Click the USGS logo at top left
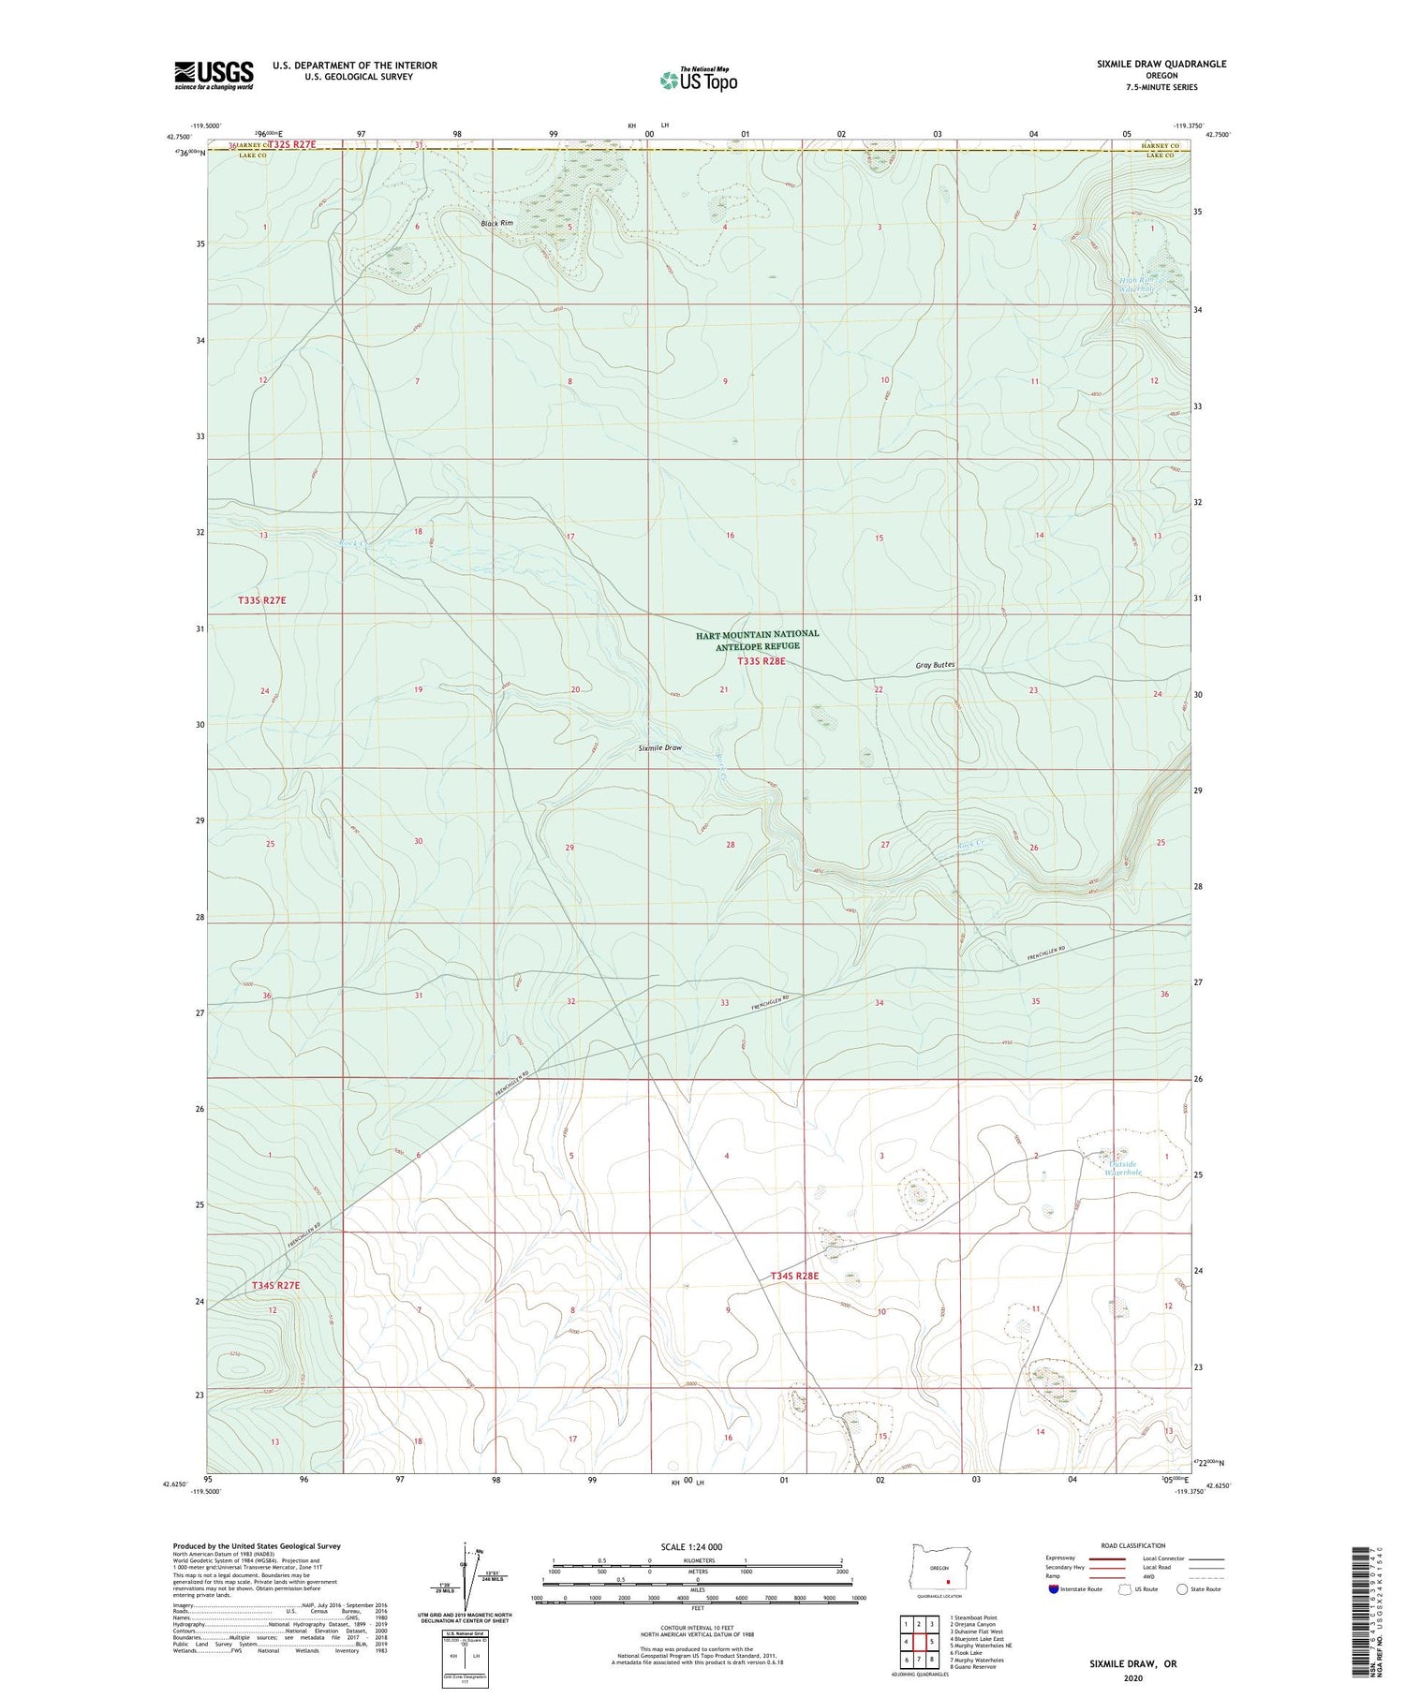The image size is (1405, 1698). point(214,74)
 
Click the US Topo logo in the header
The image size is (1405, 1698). point(699,81)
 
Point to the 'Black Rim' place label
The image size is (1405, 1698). point(496,223)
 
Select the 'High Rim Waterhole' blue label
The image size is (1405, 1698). point(1139,284)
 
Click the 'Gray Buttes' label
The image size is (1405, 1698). point(935,665)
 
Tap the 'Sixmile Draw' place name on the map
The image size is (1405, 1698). point(659,748)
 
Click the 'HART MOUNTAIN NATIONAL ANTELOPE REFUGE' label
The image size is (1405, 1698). point(757,640)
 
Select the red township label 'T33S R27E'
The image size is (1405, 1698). point(261,599)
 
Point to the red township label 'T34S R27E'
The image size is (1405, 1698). point(275,1286)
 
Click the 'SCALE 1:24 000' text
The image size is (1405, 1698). point(697,1546)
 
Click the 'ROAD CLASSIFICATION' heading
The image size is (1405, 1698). point(1133,1545)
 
